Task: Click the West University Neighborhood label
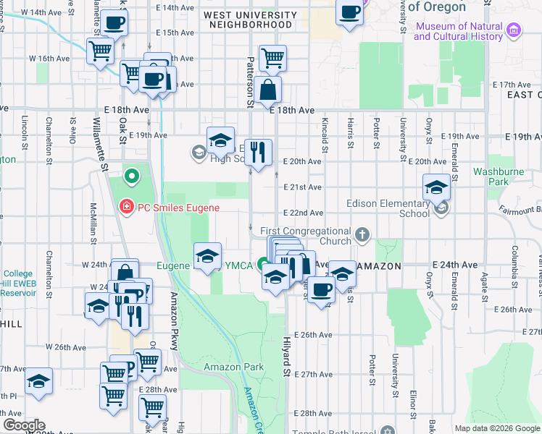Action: click(250, 20)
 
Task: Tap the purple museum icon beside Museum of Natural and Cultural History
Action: click(514, 30)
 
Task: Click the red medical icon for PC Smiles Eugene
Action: click(125, 208)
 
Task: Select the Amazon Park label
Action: click(223, 367)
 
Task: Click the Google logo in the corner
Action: click(24, 425)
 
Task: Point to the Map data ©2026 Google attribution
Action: click(496, 428)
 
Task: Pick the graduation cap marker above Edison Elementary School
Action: click(436, 187)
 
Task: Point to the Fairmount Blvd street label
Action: click(521, 210)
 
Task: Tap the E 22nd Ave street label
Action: click(302, 213)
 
